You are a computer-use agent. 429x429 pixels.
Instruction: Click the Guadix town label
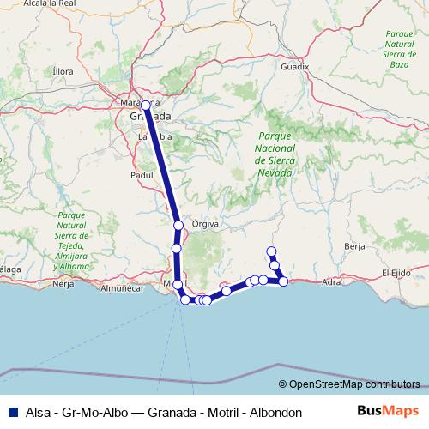(294, 65)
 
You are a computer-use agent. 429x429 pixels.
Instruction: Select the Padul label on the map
(141, 174)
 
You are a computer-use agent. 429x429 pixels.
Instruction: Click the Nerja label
(63, 283)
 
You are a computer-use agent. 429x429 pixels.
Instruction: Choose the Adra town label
(333, 281)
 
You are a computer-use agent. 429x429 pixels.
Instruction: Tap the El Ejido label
(397, 273)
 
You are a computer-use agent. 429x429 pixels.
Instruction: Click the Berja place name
(354, 246)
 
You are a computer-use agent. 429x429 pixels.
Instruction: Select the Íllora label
(63, 71)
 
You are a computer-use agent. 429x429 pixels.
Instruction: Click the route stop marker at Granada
(146, 106)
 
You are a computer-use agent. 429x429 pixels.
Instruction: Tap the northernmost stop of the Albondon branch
(271, 251)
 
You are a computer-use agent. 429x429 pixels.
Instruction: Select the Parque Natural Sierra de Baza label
(397, 47)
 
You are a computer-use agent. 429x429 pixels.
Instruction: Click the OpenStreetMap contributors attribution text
(353, 385)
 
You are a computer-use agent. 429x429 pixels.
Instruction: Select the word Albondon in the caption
(273, 413)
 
